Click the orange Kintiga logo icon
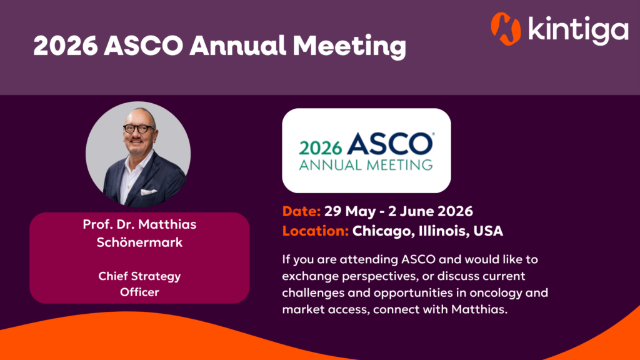point(506,29)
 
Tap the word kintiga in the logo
point(578,29)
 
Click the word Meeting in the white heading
point(349,46)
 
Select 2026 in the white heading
point(66,45)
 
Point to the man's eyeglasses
point(139,129)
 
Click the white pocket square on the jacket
point(149,192)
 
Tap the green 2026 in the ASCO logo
point(321,147)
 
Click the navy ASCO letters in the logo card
point(390,143)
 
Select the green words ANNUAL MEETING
point(366,165)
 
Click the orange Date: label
point(301,211)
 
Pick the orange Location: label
point(315,231)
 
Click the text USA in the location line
point(488,231)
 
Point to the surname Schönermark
point(139,242)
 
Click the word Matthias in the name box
point(167,224)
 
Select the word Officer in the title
point(139,292)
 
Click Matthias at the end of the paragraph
point(479,309)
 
